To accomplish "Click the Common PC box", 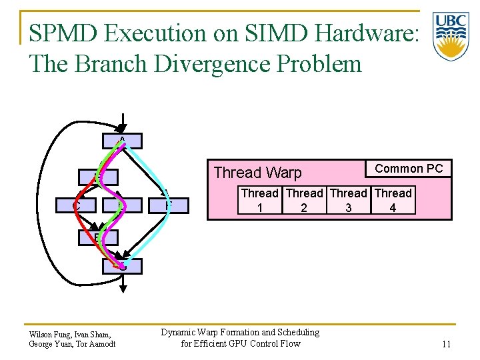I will click(409, 169).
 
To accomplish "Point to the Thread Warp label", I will click(257, 173).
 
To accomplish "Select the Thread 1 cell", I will click(259, 201).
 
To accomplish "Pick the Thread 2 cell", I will click(304, 201).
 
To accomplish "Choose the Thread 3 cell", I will click(349, 201).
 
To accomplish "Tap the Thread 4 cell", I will click(393, 201).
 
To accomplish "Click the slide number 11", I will click(447, 344).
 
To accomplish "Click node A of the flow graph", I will click(122, 141).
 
